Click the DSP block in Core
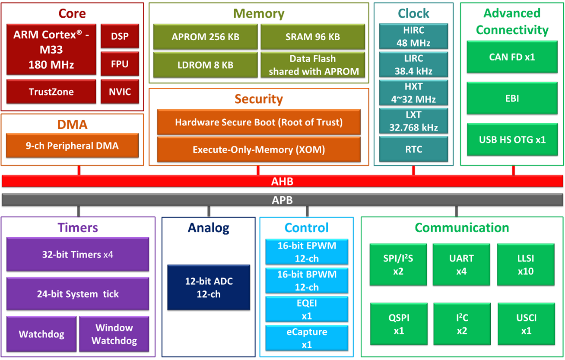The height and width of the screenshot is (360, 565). click(120, 36)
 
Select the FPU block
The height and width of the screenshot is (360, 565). click(120, 64)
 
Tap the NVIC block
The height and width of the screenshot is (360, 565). click(120, 92)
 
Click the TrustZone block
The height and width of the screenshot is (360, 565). click(51, 92)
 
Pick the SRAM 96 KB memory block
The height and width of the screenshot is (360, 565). click(313, 37)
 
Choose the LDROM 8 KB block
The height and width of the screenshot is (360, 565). click(206, 65)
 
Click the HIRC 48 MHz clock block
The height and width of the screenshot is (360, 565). click(414, 36)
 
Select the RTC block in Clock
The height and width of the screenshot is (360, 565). click(414, 149)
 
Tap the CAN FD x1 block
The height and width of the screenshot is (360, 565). click(512, 57)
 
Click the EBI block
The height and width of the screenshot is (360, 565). click(512, 99)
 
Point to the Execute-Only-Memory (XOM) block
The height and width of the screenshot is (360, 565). click(259, 150)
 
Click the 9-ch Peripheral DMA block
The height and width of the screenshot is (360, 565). click(73, 146)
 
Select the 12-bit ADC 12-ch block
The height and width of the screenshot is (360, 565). click(209, 287)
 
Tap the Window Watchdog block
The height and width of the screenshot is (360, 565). click(114, 334)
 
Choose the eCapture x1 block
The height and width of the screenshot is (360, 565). click(307, 338)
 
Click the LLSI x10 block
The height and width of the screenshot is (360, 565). click(526, 264)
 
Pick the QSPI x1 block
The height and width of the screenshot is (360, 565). click(399, 324)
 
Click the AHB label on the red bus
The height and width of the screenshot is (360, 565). click(282, 182)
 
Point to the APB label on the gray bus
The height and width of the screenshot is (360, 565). click(282, 200)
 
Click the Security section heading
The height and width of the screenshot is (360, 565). click(259, 99)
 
